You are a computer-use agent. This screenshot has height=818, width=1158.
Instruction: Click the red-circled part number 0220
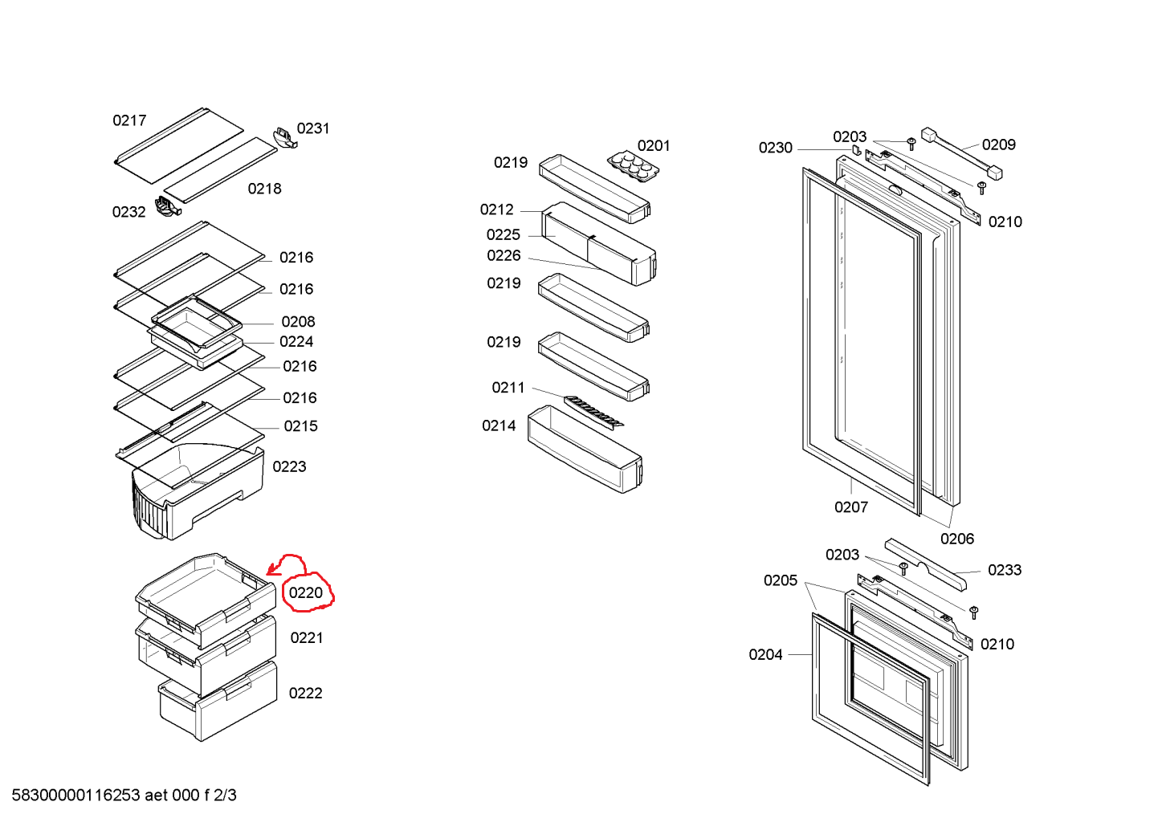tap(306, 593)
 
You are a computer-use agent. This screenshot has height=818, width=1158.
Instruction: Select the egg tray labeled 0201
tap(633, 165)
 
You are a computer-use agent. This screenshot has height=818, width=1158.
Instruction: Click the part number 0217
tap(129, 120)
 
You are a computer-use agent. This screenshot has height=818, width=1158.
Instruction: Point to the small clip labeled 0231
tap(285, 137)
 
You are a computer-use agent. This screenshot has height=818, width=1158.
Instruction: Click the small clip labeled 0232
tap(167, 207)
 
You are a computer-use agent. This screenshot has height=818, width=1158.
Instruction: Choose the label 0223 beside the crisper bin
tap(289, 467)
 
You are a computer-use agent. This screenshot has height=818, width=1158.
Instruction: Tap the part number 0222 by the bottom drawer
tap(305, 694)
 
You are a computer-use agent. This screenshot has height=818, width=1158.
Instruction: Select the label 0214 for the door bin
tap(499, 426)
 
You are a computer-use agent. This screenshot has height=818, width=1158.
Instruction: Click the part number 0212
tap(497, 210)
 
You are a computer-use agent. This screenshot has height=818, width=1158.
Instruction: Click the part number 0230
tap(775, 148)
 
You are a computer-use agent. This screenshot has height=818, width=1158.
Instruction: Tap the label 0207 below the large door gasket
tap(850, 507)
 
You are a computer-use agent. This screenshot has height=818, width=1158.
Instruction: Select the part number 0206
tap(957, 539)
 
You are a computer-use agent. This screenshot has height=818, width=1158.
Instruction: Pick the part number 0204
tap(765, 655)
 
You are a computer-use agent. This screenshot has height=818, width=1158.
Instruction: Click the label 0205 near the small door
tap(780, 580)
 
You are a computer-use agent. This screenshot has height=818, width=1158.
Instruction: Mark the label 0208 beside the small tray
tap(298, 322)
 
